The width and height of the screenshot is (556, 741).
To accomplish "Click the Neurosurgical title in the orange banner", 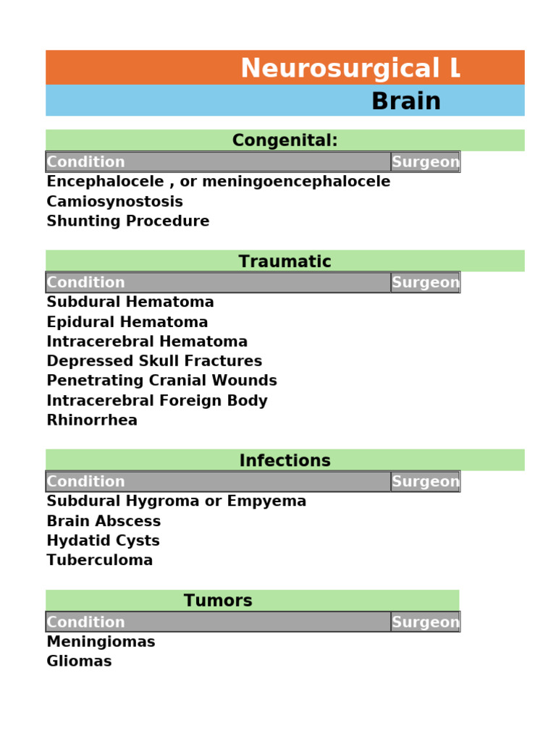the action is (x=350, y=69).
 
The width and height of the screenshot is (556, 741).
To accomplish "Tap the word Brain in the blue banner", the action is (x=405, y=102).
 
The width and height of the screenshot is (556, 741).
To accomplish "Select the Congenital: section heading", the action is (x=285, y=140).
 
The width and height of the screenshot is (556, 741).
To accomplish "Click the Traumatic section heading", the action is (x=285, y=262).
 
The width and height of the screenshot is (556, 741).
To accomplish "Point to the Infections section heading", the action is (x=285, y=461).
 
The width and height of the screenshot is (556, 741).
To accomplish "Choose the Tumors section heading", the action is (x=218, y=601).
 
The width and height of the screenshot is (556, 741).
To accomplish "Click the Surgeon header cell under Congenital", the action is (x=425, y=162).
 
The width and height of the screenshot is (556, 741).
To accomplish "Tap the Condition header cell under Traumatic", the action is (x=85, y=282).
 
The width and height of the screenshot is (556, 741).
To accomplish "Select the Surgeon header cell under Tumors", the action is (x=425, y=622).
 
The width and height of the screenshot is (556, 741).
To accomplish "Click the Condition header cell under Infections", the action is (x=85, y=481).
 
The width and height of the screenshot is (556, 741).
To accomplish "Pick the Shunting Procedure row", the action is (x=128, y=221).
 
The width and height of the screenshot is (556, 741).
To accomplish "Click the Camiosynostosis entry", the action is (x=114, y=202).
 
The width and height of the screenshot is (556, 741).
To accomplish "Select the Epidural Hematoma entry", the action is (x=127, y=322).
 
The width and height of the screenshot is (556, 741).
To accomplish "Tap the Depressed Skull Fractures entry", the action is (x=154, y=361).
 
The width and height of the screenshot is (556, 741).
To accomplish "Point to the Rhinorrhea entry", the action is (x=92, y=420).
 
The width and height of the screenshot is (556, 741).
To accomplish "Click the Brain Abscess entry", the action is (x=104, y=521).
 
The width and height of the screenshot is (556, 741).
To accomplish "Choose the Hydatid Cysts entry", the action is (x=103, y=541).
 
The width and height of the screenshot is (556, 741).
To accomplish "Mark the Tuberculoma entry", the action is (x=100, y=560).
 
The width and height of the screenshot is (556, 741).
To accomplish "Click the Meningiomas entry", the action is (x=101, y=642).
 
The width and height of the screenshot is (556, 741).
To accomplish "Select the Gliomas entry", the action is (x=79, y=661).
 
